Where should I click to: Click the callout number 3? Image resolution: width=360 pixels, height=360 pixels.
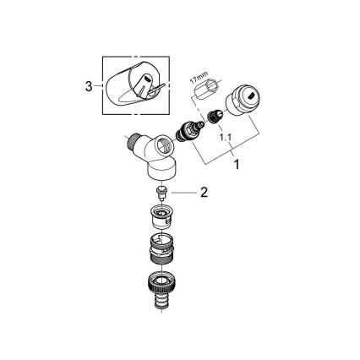pos(89,85)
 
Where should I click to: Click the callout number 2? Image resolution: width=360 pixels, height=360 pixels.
pos(204,193)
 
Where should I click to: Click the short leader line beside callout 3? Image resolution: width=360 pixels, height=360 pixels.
pos(98,85)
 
